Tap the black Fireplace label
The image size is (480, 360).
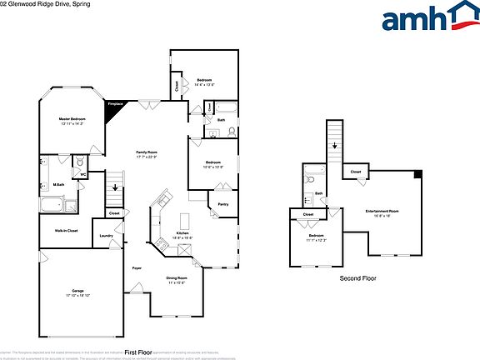(116, 104)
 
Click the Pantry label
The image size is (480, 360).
(222, 203)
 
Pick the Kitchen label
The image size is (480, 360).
(182, 234)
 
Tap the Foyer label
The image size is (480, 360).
(136, 268)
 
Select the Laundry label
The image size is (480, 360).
(106, 236)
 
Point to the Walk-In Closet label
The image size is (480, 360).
(67, 230)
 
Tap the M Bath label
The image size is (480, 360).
(59, 184)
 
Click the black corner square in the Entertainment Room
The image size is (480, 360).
(417, 174)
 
